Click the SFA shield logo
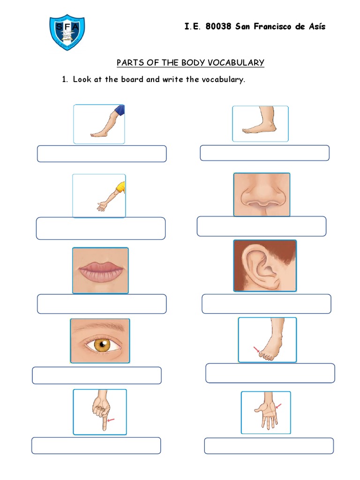tap(67, 32)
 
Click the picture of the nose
tap(262, 195)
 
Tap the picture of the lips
tap(100, 270)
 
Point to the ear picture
tap(265, 265)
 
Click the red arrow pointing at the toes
tap(256, 349)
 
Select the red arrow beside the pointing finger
tap(111, 421)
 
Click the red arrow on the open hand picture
tap(278, 405)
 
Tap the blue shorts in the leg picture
tap(120, 110)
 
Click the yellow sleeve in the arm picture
tap(121, 186)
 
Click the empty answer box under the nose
tap(262, 226)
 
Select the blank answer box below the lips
tap(102, 304)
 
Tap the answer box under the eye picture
tap(97, 375)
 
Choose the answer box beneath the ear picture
tap(266, 304)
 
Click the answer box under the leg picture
tap(102, 154)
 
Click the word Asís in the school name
tap(315, 27)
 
